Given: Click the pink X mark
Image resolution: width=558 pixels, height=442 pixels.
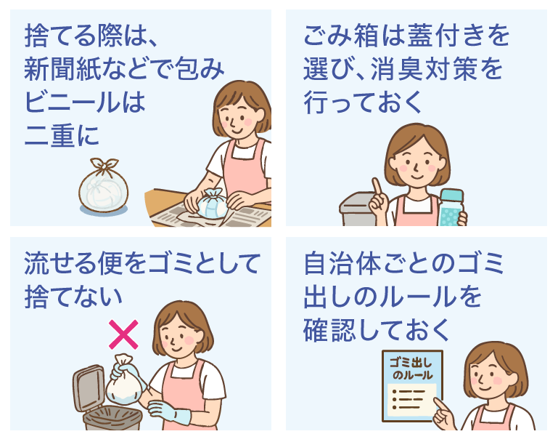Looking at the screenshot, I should click(x=123, y=335).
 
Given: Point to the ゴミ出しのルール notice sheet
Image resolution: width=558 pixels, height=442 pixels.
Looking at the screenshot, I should click(x=411, y=385).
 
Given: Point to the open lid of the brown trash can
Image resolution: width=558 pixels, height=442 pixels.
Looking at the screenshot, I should click(x=89, y=385).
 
